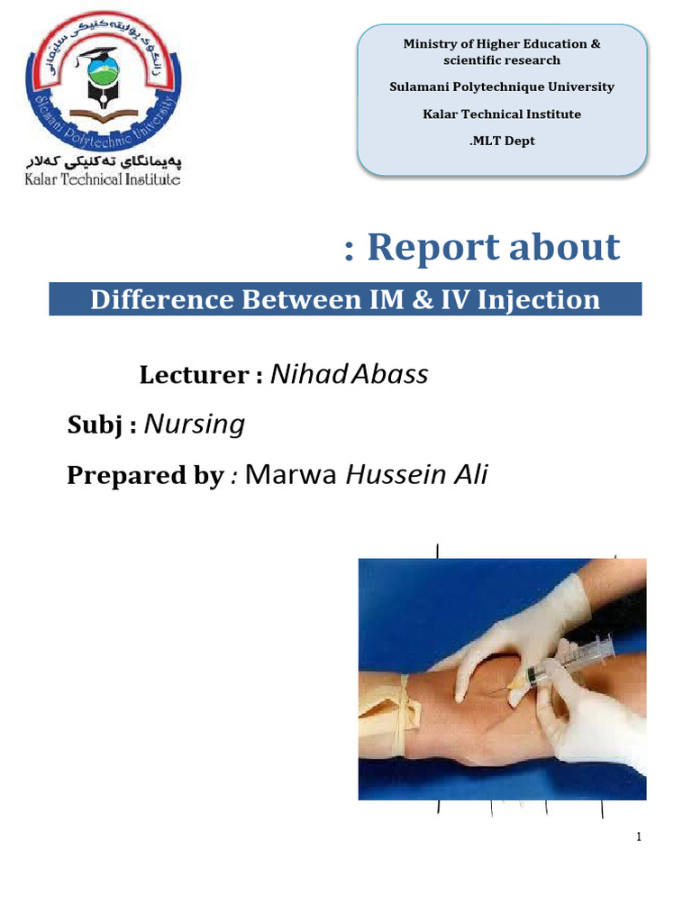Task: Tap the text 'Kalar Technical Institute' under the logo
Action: [102, 178]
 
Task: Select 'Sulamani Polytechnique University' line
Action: [502, 87]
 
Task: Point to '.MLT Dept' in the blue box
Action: [502, 141]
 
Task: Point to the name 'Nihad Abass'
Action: [350, 374]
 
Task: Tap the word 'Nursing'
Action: [195, 424]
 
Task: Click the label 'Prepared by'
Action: [144, 475]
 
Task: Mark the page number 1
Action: [639, 837]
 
